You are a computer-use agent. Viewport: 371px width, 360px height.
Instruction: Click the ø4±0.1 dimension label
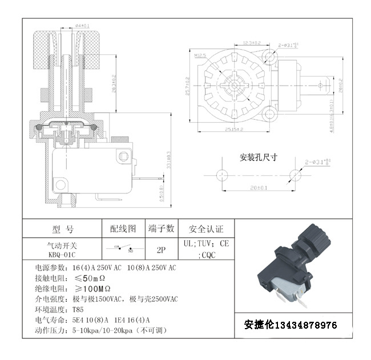click(82, 25)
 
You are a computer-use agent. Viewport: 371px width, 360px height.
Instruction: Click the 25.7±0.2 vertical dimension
click(188, 86)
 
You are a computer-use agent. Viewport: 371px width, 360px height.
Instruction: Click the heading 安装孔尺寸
click(258, 157)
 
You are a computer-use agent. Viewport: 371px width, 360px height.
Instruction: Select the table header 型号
click(63, 229)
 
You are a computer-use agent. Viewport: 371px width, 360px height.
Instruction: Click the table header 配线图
click(123, 228)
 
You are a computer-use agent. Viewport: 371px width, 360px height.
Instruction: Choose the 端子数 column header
click(161, 228)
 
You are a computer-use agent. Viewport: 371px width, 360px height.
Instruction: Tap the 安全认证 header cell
click(207, 229)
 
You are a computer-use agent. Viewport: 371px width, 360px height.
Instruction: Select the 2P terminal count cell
click(161, 249)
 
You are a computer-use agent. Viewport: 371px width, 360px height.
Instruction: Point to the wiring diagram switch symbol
click(123, 249)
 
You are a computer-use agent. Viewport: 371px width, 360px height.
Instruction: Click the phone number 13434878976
click(306, 325)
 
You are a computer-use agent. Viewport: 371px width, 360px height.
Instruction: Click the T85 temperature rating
click(78, 309)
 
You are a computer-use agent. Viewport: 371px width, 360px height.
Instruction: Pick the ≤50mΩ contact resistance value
click(91, 278)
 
